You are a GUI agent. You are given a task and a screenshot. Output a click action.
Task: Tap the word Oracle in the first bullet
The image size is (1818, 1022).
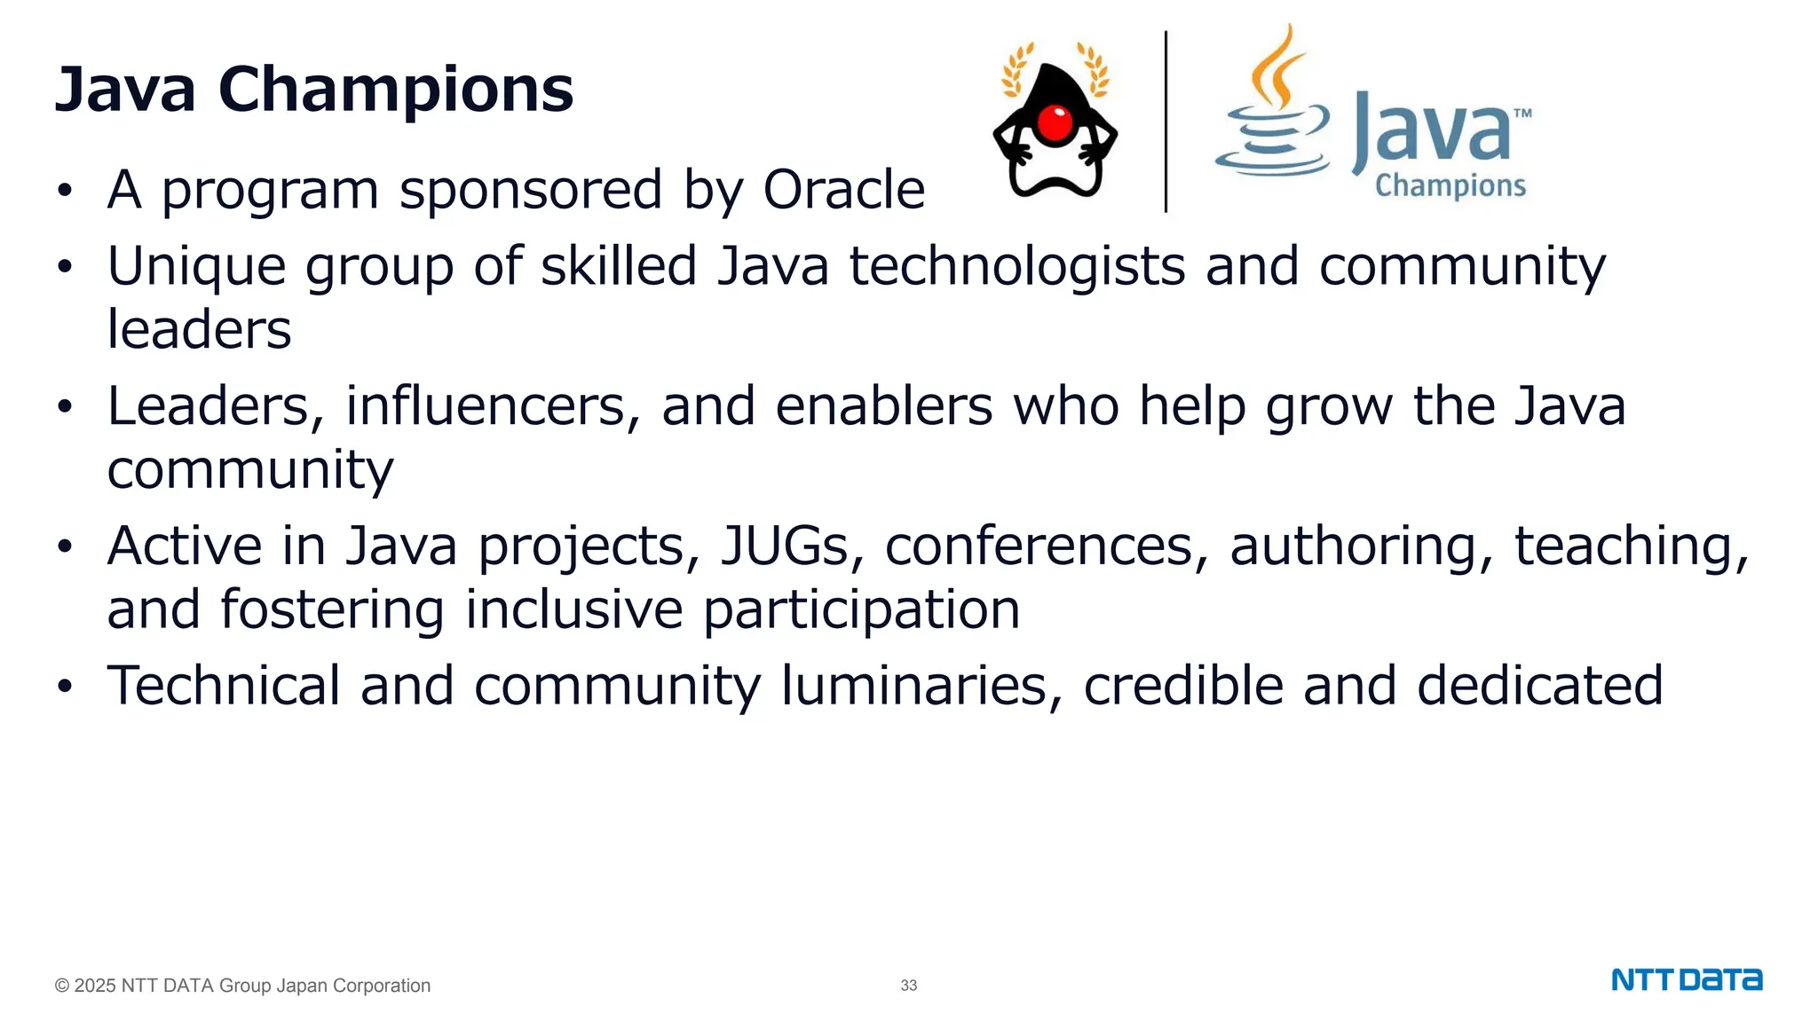point(843,190)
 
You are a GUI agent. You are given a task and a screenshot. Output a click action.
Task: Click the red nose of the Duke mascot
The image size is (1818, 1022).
point(1055,123)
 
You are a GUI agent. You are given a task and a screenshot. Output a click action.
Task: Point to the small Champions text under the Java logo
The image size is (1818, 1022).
point(1450,185)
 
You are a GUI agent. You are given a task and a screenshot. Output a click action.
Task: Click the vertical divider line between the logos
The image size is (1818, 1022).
point(1166,122)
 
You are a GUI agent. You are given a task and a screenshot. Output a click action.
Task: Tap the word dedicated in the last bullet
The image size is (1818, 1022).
point(1539,686)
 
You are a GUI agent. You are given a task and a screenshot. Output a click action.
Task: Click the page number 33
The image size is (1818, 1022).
point(908,986)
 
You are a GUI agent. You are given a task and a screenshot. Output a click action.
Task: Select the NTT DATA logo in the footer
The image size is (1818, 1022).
point(1687,980)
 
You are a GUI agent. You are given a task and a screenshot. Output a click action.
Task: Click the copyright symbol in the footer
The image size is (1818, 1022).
point(62,986)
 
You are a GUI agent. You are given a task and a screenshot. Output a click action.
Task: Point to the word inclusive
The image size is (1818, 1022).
point(573,610)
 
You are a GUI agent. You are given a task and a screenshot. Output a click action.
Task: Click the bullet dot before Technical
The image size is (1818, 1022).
point(64,687)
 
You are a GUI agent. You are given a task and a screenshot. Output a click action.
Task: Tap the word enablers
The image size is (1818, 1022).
point(883,406)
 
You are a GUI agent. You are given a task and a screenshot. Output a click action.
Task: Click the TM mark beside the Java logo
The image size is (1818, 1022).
point(1522,114)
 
